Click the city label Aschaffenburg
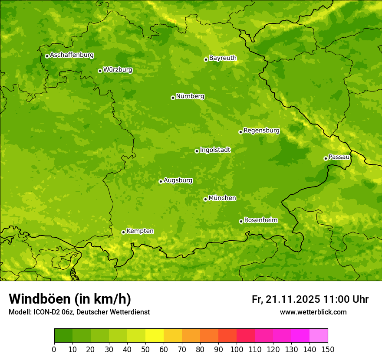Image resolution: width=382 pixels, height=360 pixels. click(x=72, y=55)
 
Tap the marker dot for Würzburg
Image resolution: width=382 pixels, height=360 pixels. click(x=100, y=71)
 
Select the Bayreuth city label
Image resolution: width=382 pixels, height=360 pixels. click(x=223, y=58)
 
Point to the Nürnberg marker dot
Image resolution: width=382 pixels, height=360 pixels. click(x=173, y=98)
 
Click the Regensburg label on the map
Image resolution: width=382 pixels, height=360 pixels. click(x=261, y=131)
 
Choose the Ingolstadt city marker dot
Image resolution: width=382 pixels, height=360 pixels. click(x=197, y=151)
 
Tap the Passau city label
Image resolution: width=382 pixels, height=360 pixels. click(x=339, y=157)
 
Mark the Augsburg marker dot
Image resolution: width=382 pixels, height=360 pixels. click(x=161, y=181)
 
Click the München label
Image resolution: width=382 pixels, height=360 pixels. click(x=222, y=198)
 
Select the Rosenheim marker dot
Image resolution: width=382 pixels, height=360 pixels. click(x=241, y=221)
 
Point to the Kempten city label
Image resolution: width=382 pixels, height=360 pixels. click(x=140, y=231)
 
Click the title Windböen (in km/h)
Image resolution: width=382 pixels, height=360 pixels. click(x=69, y=299)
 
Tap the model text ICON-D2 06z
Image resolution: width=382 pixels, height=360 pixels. click(x=49, y=312)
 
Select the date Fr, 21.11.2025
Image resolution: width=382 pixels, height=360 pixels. click(x=286, y=299)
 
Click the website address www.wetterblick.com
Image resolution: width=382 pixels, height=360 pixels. click(x=313, y=312)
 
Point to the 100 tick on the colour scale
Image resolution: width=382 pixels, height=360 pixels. click(x=237, y=349)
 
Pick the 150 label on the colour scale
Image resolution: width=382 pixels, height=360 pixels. click(x=328, y=349)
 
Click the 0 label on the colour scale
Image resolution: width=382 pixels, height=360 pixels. click(x=54, y=349)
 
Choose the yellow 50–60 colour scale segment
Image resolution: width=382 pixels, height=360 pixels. click(x=155, y=336)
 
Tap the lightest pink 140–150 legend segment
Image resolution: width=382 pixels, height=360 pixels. click(x=319, y=336)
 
